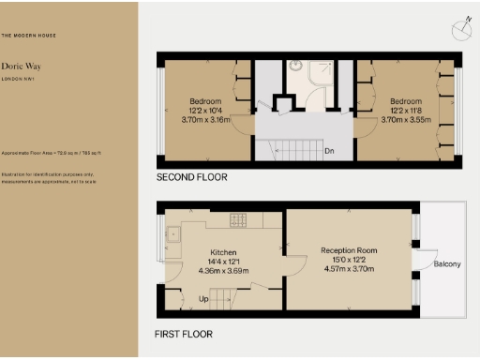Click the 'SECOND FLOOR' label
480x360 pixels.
(x=192, y=177)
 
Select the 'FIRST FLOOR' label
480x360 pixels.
(x=184, y=335)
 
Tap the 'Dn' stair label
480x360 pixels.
(x=329, y=150)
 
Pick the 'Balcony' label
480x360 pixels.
(x=446, y=264)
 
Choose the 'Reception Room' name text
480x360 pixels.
(x=350, y=250)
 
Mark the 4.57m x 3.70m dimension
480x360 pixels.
(x=350, y=269)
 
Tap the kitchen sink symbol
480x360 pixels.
(x=173, y=235)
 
